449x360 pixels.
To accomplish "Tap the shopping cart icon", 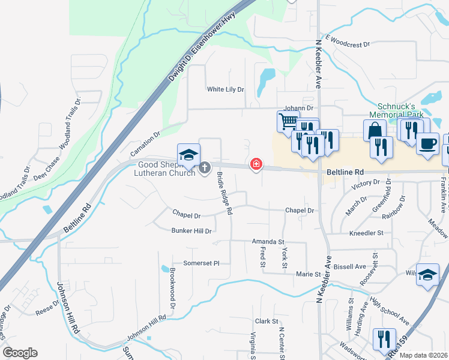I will pyautogui.click(x=288, y=121).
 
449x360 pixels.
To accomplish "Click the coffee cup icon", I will pyautogui.click(x=427, y=144).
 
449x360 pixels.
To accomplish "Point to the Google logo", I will pyautogui.click(x=20, y=353).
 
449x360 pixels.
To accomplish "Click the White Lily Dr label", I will pyautogui.click(x=226, y=89).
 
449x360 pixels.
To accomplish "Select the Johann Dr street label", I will pyautogui.click(x=299, y=108).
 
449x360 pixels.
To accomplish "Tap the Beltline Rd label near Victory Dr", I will pyautogui.click(x=345, y=172).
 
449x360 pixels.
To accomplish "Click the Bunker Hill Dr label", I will pyautogui.click(x=191, y=231).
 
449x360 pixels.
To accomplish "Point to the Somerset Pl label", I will pyautogui.click(x=201, y=263).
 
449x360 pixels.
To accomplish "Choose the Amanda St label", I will pyautogui.click(x=268, y=241).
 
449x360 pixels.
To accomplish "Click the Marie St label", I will pyautogui.click(x=308, y=274).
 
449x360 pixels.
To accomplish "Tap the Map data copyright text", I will pyautogui.click(x=423, y=355).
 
